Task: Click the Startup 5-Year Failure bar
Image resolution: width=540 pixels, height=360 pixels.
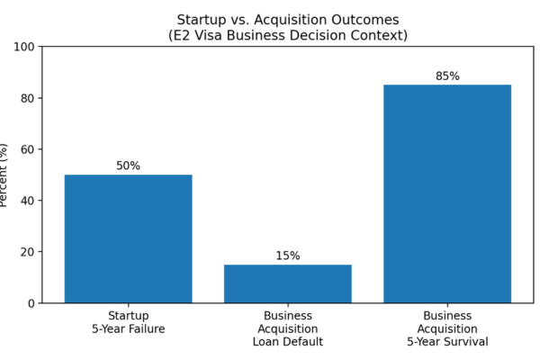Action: (128, 238)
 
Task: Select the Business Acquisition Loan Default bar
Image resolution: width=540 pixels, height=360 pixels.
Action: (288, 283)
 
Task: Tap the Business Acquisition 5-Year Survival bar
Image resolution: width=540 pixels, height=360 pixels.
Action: (447, 194)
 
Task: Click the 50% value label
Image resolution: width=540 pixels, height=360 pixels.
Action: (128, 166)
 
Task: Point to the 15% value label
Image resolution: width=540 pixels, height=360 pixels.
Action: (288, 256)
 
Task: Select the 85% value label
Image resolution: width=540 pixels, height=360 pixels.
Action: (447, 76)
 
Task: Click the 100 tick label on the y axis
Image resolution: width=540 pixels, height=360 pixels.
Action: (23, 47)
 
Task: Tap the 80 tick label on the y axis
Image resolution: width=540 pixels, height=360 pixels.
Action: (28, 98)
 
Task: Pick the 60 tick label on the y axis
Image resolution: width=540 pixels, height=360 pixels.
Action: (28, 149)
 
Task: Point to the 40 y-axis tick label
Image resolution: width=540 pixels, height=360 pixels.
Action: (28, 201)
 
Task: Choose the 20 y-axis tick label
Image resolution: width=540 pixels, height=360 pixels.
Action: (28, 252)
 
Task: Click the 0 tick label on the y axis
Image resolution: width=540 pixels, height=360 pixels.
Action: (31, 303)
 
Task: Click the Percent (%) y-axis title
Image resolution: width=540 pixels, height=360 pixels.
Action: (3, 175)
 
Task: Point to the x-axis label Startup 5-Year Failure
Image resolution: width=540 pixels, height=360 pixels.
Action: (128, 322)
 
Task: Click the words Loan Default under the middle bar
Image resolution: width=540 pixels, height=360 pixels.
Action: (288, 342)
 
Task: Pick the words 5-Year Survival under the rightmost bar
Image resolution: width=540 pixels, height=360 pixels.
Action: (447, 342)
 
